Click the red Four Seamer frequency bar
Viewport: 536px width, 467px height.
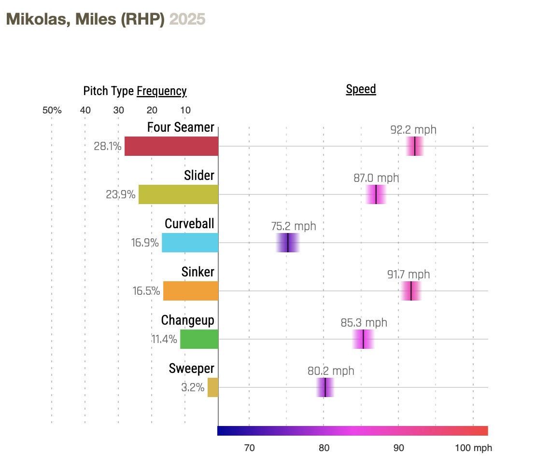click(x=171, y=146)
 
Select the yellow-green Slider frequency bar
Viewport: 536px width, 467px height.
click(x=178, y=194)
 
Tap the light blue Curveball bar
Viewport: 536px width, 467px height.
click(x=190, y=243)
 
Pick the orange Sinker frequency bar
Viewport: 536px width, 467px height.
click(x=191, y=291)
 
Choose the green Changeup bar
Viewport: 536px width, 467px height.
click(x=199, y=339)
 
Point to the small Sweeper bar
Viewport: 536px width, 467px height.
click(x=213, y=387)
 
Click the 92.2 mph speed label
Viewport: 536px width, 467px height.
click(x=413, y=130)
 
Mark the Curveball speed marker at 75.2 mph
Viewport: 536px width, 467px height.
click(x=288, y=243)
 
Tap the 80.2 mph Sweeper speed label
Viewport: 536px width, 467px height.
click(x=331, y=371)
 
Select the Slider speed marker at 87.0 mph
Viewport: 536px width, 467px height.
click(x=376, y=194)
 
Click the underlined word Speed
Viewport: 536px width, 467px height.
click(x=361, y=89)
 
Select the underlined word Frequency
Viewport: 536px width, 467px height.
click(x=162, y=91)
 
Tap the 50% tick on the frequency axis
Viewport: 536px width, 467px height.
click(x=52, y=110)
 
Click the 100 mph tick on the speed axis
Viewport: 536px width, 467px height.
click(x=473, y=448)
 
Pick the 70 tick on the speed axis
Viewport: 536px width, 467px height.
click(x=249, y=448)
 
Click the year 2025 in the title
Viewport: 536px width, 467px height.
click(x=187, y=19)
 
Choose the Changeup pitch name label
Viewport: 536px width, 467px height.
click(x=187, y=320)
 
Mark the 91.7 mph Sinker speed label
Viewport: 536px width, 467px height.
click(x=409, y=275)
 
